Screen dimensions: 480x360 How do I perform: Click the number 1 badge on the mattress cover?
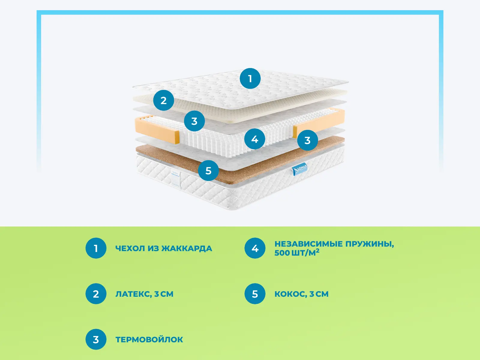[250, 79]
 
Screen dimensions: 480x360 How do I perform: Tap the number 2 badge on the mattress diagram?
[163, 100]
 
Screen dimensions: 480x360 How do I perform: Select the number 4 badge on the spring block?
[255, 139]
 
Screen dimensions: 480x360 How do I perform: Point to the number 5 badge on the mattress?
[208, 170]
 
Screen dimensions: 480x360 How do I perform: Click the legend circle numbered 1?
[96, 248]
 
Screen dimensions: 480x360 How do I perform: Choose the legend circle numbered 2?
[96, 294]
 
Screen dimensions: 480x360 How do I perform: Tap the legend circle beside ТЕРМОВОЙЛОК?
[96, 339]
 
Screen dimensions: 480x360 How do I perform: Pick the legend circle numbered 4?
[255, 248]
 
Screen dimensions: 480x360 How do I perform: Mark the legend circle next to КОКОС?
[255, 294]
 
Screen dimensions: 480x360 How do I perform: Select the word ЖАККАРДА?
[187, 249]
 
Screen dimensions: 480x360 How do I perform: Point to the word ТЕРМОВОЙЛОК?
[149, 340]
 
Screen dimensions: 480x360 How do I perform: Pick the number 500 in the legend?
[282, 253]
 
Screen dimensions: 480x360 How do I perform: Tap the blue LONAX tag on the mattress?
[300, 169]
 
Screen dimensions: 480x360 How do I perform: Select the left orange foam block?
[157, 130]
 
